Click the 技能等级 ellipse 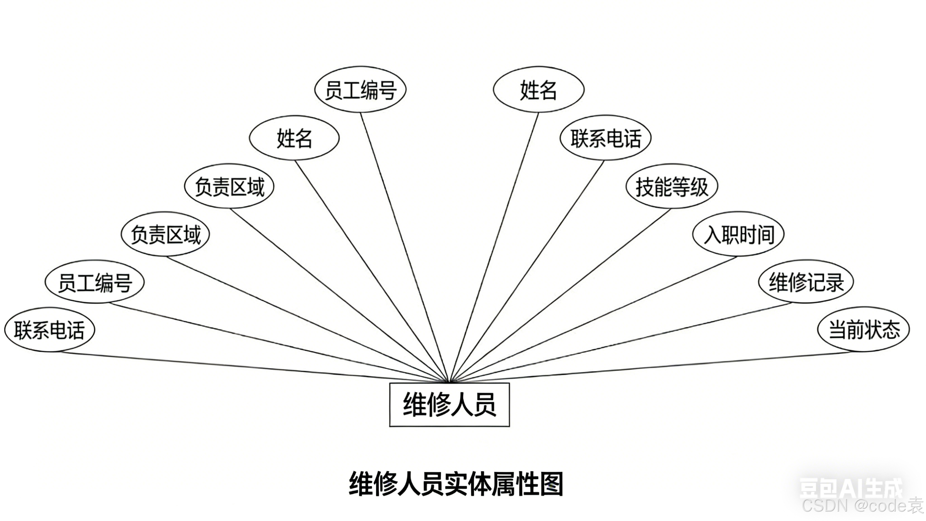coord(672,186)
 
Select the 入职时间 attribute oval coord(738,234)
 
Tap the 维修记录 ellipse coord(806,282)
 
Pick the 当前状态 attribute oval coord(864,330)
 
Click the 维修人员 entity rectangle coord(449,405)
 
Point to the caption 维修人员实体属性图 coord(456,484)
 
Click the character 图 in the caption coord(552,484)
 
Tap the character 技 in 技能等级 coord(644,187)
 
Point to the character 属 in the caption coord(504,484)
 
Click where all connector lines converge coord(449,382)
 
